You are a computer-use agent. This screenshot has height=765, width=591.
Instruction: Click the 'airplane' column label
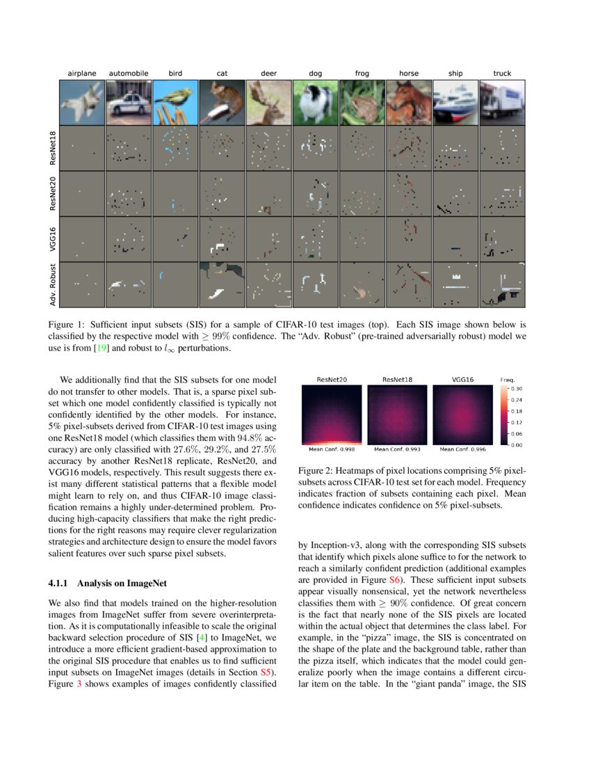(x=82, y=73)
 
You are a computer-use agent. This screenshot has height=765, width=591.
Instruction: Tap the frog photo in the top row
(x=362, y=102)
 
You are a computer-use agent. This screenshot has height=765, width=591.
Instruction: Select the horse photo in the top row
(x=408, y=102)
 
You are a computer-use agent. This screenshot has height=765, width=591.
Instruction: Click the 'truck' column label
(x=501, y=73)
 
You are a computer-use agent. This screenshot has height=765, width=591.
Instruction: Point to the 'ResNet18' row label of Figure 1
(x=54, y=147)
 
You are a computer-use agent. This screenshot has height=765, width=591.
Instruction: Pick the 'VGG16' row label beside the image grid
(x=54, y=239)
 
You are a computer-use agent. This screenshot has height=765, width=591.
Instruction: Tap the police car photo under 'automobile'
(x=129, y=102)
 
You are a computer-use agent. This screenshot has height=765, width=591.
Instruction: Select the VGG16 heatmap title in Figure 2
(x=463, y=380)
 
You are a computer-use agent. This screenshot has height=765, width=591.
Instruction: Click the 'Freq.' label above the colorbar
(x=508, y=380)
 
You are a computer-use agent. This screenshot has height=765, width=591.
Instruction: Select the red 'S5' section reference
(x=266, y=673)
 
